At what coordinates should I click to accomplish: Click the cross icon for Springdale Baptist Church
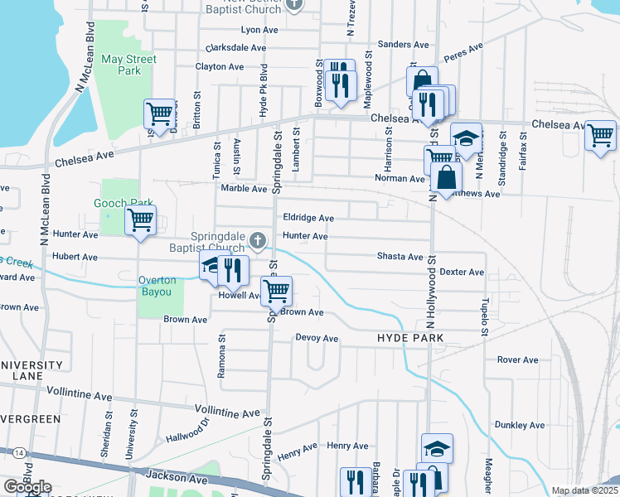258,241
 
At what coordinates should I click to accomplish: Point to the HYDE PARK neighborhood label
410,339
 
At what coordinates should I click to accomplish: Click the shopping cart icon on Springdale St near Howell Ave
275,291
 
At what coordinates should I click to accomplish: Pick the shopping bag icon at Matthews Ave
446,176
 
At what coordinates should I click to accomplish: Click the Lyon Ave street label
258,29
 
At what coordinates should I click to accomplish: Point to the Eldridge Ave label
308,218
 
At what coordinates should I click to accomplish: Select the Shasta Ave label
400,257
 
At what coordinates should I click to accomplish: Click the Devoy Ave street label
317,338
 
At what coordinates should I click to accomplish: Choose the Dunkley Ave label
520,425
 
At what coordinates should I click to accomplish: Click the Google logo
27,486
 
